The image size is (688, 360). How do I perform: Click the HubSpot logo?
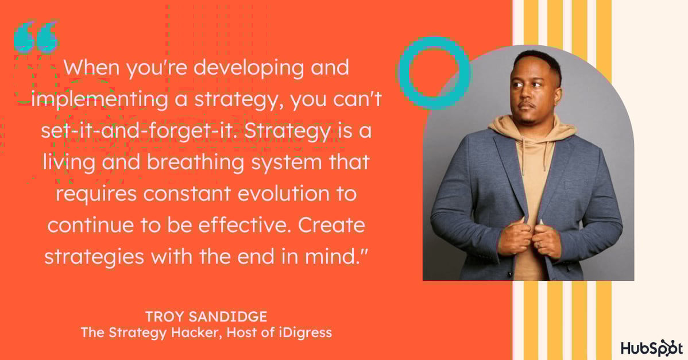point(652,348)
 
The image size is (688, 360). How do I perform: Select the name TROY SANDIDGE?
point(206,316)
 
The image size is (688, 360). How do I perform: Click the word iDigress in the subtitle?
point(306,332)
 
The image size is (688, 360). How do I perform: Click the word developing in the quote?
point(248,68)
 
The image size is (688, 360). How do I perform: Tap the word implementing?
point(100,100)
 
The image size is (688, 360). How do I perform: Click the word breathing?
point(196,163)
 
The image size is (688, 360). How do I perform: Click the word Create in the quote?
point(332,226)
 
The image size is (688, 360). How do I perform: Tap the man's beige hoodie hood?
point(532,126)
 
